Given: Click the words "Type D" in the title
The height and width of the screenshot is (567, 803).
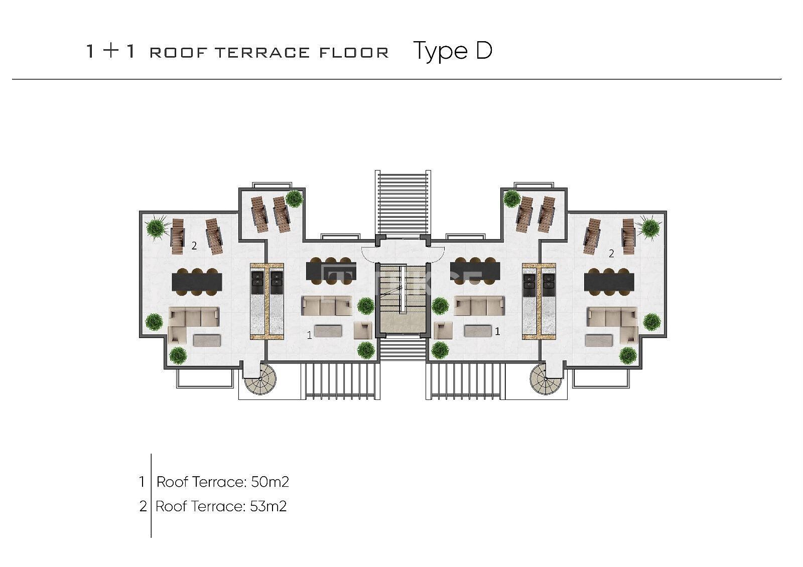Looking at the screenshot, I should point(452,51).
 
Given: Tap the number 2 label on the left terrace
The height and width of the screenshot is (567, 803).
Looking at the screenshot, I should point(194,246).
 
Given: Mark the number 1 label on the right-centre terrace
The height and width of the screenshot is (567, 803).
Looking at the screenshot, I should point(497,331).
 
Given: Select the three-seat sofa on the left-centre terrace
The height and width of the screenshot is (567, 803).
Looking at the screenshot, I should point(326,306).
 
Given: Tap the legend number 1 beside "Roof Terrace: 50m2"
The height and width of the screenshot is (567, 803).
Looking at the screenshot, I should point(142,482).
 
